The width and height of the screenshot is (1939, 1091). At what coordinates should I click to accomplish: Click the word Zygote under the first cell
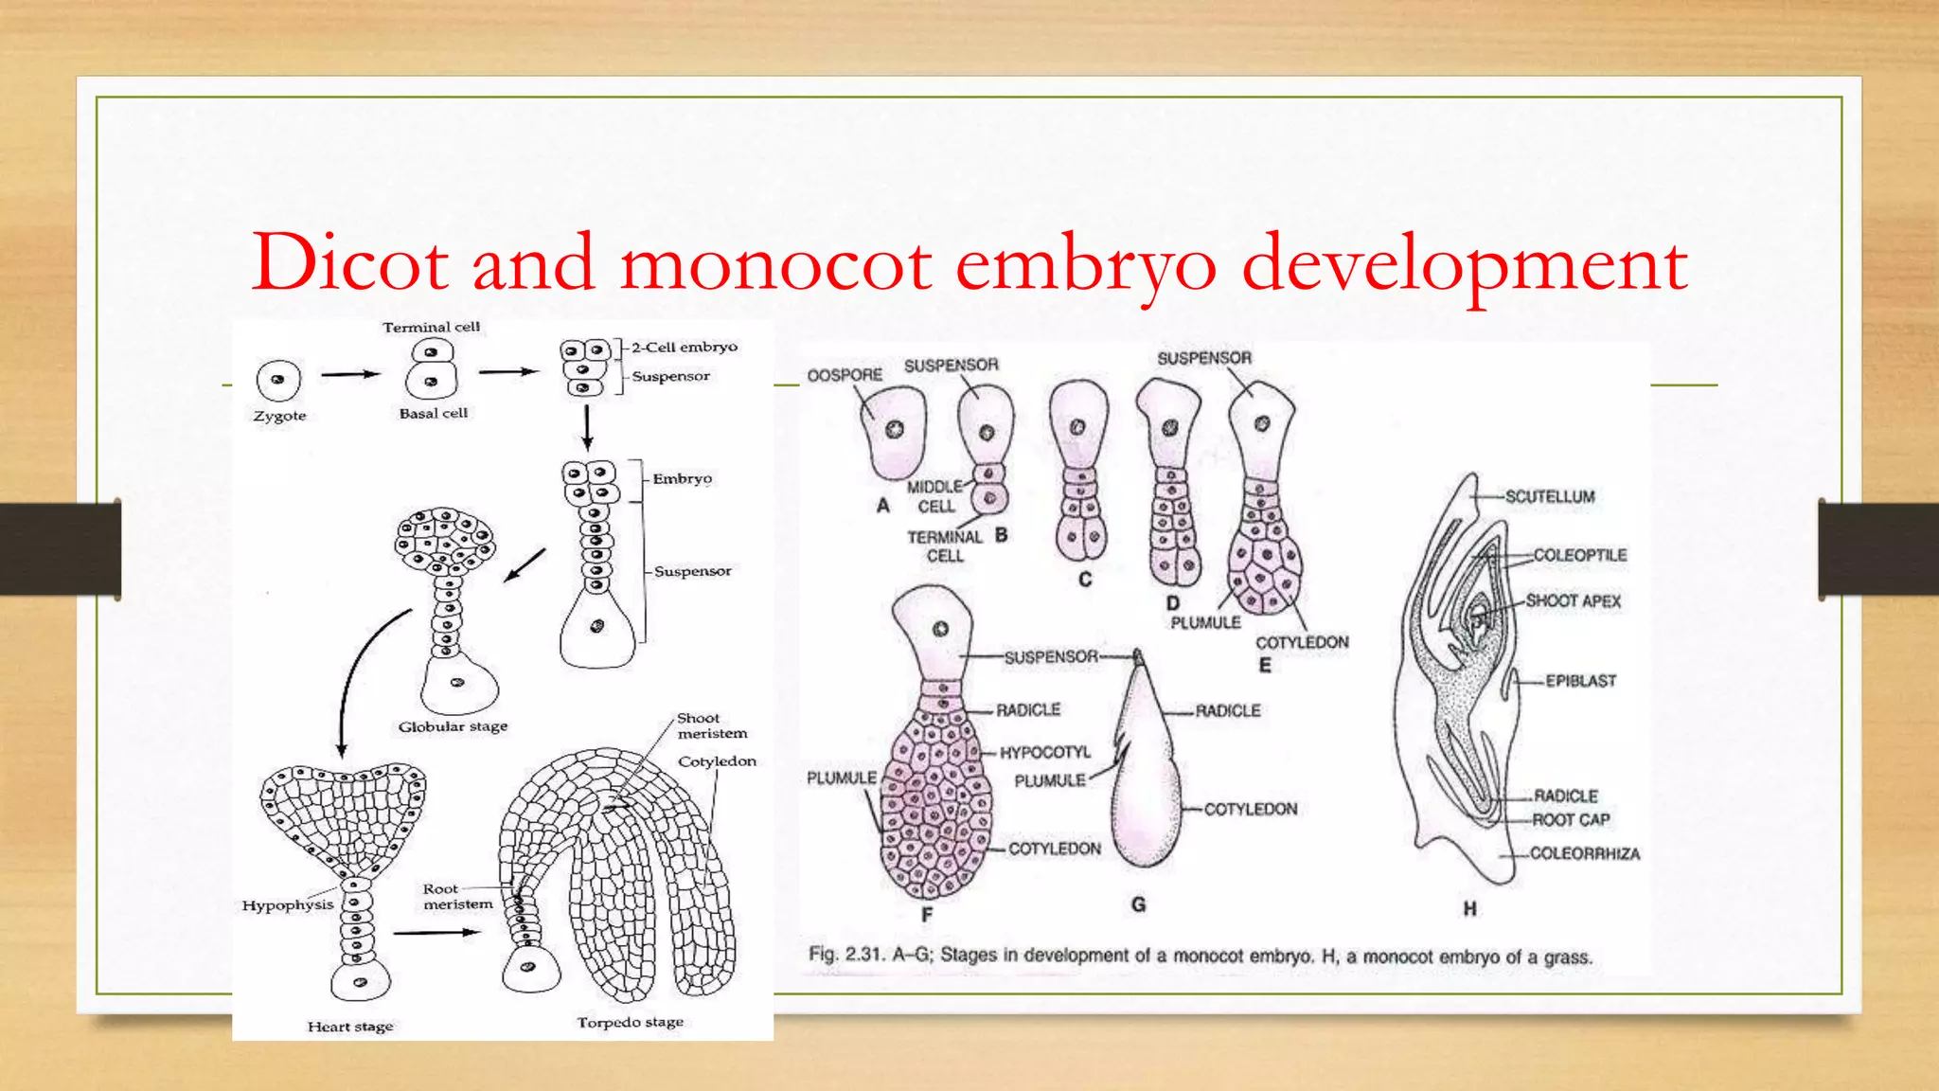tap(279, 416)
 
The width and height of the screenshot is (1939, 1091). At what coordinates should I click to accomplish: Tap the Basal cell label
tap(433, 414)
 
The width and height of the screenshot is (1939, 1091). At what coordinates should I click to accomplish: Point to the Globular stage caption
tap(453, 726)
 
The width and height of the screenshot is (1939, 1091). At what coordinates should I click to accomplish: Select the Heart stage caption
tap(350, 1027)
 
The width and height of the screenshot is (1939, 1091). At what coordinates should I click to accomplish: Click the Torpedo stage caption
tap(630, 1023)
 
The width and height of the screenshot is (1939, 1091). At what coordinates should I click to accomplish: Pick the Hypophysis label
tap(288, 905)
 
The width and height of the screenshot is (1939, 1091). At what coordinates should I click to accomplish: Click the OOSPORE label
tap(845, 375)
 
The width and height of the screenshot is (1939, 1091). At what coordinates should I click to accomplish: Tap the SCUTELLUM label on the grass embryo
tap(1550, 496)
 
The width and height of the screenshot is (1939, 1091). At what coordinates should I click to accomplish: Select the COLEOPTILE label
tap(1580, 555)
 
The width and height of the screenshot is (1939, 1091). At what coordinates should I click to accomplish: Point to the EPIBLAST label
tap(1580, 681)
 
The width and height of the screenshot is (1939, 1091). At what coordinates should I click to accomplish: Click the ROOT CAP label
tap(1571, 820)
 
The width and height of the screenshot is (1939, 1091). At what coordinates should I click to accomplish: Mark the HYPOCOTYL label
tap(1045, 752)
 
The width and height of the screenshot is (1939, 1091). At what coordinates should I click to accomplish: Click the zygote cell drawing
tap(278, 381)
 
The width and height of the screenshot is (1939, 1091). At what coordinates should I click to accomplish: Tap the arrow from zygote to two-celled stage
tap(349, 375)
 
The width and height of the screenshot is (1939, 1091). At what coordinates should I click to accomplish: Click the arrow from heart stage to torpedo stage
tap(436, 933)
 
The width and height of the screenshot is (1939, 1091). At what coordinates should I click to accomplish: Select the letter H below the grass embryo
tap(1469, 909)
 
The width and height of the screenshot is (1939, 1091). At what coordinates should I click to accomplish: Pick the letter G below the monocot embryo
tap(1138, 905)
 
